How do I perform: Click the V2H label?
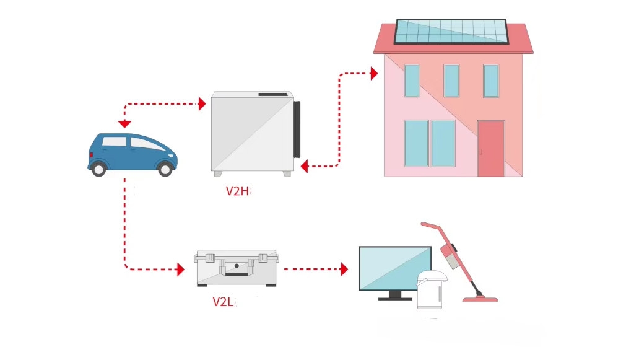[x=237, y=191]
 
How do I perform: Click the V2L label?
[x=223, y=302]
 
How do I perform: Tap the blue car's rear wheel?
[x=98, y=169]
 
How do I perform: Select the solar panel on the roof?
[x=451, y=32]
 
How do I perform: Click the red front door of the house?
[x=491, y=149]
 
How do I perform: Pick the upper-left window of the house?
[x=412, y=81]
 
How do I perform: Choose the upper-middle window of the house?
[x=451, y=81]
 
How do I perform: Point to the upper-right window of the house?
[x=491, y=81]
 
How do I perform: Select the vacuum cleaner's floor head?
[x=480, y=299]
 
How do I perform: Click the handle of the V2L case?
[x=237, y=268]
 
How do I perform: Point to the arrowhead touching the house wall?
[x=374, y=74]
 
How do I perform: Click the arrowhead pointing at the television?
[x=344, y=270]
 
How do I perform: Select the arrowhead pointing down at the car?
[x=125, y=124]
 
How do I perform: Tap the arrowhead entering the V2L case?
[x=181, y=270]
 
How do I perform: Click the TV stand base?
[x=395, y=297]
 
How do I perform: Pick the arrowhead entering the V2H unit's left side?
[x=201, y=104]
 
